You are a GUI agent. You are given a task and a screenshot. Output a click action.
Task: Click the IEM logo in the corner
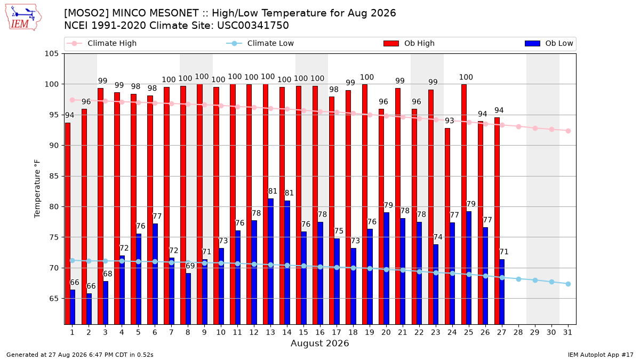pos(23,18)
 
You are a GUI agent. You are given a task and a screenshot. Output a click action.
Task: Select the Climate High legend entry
pos(102,43)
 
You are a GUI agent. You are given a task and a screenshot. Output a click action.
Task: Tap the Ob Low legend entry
pos(549,43)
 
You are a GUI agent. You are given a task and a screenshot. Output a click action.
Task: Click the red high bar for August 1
pos(68,223)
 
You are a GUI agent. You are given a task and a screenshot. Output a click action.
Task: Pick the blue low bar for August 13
pos(270,261)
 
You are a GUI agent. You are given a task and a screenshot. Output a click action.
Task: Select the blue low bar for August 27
pos(502,292)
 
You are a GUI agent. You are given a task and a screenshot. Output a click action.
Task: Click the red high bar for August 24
pos(447,226)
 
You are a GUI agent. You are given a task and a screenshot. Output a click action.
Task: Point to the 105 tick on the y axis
pos(51,54)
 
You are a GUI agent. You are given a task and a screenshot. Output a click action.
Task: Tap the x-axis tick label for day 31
pos(567,332)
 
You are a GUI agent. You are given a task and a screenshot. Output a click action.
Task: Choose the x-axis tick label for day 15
pos(303,332)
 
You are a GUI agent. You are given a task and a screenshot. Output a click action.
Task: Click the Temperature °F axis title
pos(37,189)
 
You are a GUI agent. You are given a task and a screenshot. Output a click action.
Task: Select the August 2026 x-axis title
pos(319,343)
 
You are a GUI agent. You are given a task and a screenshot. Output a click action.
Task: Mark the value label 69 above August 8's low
pos(190,266)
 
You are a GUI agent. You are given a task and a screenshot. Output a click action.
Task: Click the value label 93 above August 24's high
pos(450,121)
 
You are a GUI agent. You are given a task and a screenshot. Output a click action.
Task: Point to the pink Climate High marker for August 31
pos(569,131)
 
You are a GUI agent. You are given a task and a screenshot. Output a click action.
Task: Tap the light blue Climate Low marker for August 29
pos(535,281)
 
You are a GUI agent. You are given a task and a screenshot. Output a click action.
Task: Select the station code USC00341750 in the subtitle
pos(253,26)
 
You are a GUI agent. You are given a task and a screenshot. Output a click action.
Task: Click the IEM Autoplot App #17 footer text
pos(601,355)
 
